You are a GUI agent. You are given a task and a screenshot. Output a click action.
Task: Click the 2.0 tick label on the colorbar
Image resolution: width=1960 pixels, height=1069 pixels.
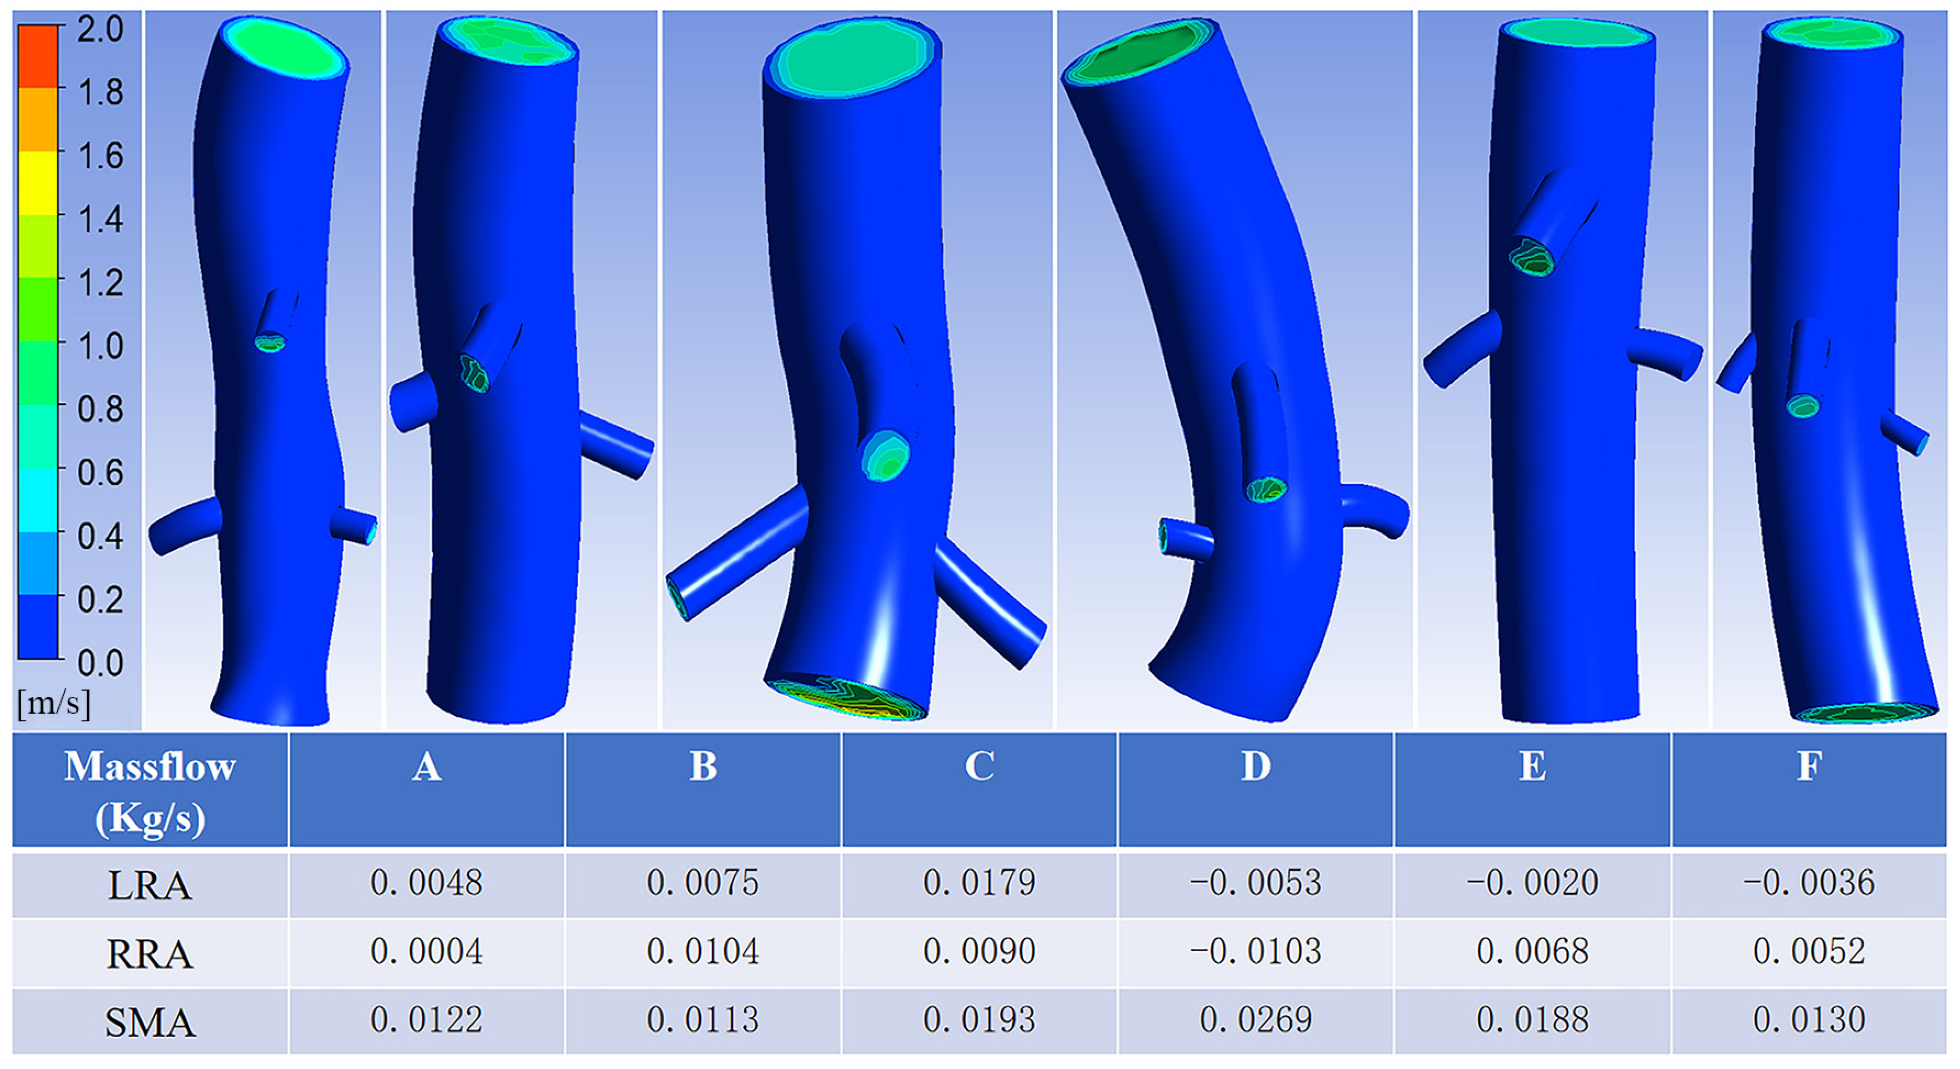coord(100,30)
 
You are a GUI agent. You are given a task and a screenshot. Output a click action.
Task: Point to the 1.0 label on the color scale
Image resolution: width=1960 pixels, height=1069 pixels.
coord(100,346)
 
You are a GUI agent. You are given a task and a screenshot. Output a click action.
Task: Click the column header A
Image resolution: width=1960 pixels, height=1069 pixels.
coord(426,766)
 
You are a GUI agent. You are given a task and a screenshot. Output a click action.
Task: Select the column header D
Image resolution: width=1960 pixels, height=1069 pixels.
coord(1255,766)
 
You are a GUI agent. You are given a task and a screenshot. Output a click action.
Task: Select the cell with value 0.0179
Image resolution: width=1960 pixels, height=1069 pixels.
coord(979,882)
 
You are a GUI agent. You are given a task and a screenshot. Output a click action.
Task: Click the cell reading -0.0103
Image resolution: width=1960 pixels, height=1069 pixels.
coord(1255,951)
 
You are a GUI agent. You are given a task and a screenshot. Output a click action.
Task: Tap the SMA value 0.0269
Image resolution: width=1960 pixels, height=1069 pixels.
coord(1255,1019)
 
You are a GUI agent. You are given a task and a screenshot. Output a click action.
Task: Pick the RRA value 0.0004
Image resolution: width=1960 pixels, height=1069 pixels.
coord(426,951)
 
